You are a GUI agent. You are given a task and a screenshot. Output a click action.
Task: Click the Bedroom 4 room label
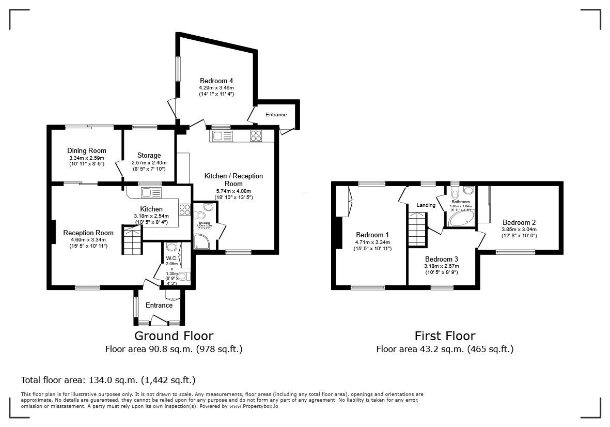(216, 81)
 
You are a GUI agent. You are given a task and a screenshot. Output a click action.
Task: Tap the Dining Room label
(87, 151)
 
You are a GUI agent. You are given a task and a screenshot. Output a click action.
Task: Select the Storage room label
(149, 155)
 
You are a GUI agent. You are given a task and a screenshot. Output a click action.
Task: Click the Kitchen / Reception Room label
(233, 180)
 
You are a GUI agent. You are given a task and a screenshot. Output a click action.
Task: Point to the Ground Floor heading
(174, 336)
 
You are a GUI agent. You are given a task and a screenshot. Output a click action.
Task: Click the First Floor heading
(445, 336)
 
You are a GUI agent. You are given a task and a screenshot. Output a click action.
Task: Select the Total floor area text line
(108, 380)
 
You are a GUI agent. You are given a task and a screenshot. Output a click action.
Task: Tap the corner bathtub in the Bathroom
(461, 219)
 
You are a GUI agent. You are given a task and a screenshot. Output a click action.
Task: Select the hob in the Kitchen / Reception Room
(256, 135)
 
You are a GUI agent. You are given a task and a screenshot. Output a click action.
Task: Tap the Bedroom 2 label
(519, 222)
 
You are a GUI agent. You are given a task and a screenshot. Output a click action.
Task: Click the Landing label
(426, 205)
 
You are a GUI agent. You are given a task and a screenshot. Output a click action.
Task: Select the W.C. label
(171, 258)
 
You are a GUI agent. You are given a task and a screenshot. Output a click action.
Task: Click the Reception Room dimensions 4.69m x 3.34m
(88, 240)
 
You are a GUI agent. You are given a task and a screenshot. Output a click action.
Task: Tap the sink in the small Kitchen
(150, 192)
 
